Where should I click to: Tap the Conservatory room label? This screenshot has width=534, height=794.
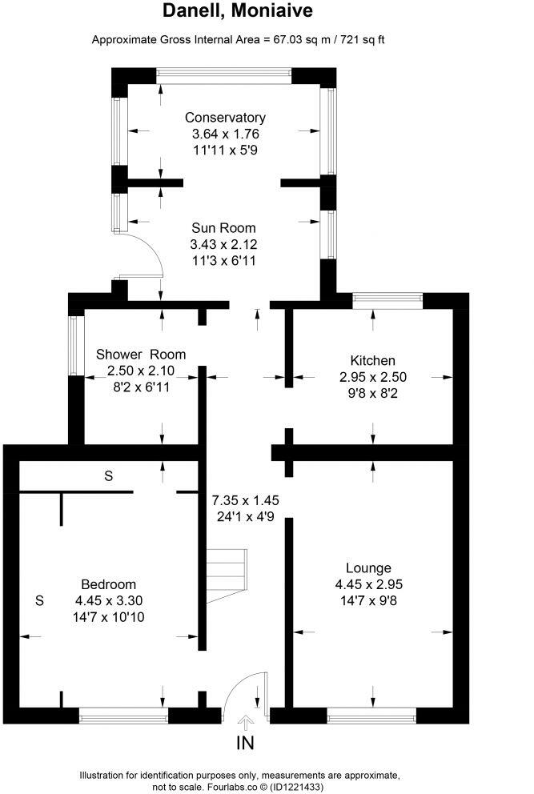tap(224, 118)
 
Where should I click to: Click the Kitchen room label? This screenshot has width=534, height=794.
tap(372, 360)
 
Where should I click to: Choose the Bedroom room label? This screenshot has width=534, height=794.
tap(109, 584)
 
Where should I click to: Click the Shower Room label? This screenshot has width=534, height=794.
tap(141, 355)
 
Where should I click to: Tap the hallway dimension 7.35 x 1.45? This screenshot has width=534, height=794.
tap(245, 500)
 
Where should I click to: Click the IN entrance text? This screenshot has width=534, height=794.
tap(245, 744)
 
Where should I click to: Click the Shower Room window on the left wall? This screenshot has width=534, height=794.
tap(76, 345)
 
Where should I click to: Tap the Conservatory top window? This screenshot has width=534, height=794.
tap(224, 74)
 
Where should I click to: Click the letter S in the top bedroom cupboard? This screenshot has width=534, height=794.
tap(108, 475)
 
